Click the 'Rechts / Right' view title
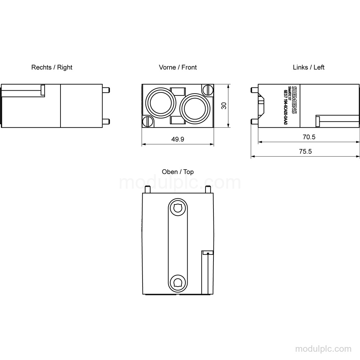(51, 67)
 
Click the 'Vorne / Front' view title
(178, 67)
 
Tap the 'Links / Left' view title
(309, 67)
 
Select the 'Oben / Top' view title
(178, 172)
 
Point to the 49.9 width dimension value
(178, 139)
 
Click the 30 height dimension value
(224, 105)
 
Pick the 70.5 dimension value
(309, 137)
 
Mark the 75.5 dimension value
(305, 151)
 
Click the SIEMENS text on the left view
(294, 100)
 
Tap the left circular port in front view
(161, 103)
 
